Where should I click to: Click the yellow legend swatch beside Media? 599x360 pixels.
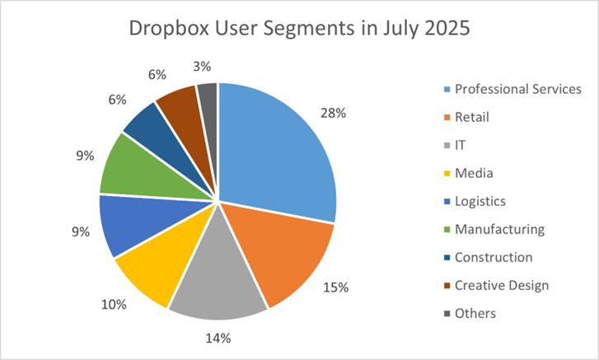[x=447, y=174]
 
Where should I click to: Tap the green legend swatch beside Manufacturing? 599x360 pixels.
[x=447, y=230]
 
